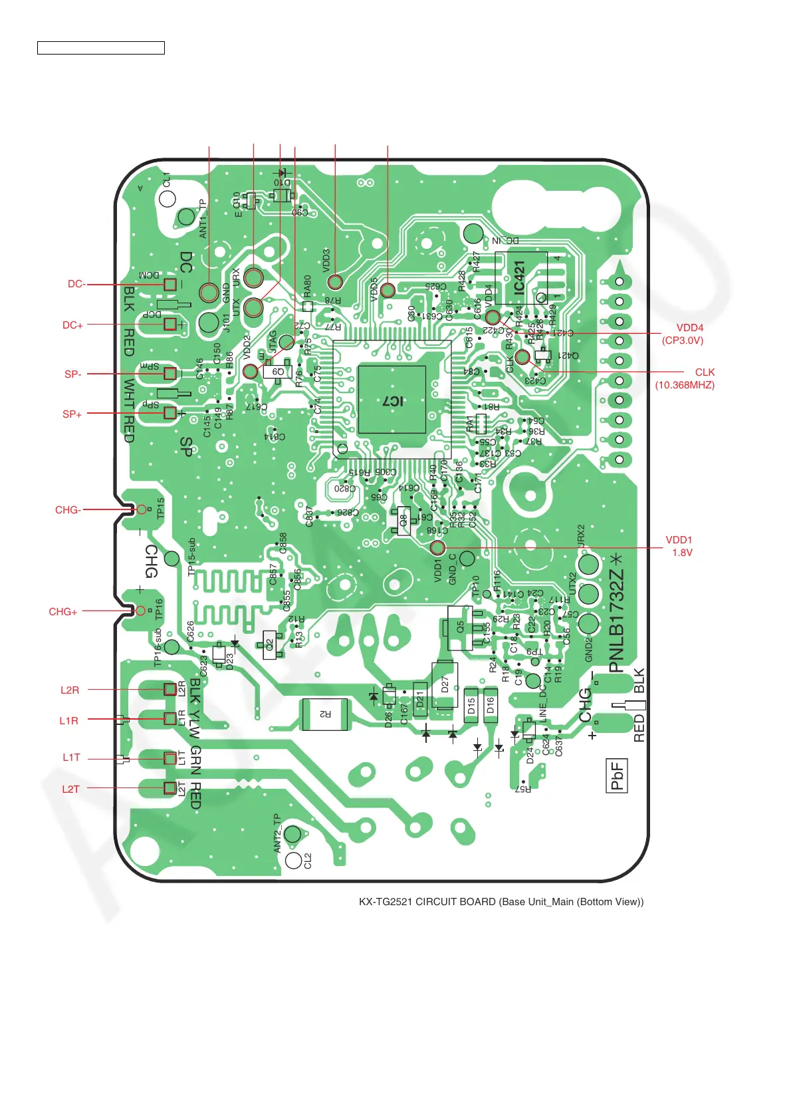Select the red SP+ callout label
click(x=72, y=414)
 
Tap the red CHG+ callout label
click(x=63, y=611)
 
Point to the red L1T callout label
click(x=71, y=757)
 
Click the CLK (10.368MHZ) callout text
click(x=685, y=378)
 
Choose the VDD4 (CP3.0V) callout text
click(x=683, y=334)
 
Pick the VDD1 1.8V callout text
click(x=679, y=546)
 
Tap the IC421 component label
click(x=520, y=278)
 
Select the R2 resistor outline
click(x=325, y=714)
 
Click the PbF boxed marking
click(x=617, y=775)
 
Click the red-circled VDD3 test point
click(x=335, y=281)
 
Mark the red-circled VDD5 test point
click(x=388, y=289)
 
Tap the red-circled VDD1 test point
click(x=437, y=547)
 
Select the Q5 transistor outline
click(x=460, y=627)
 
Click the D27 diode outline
click(x=445, y=684)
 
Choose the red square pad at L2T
click(x=170, y=788)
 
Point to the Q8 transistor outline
click(x=403, y=521)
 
